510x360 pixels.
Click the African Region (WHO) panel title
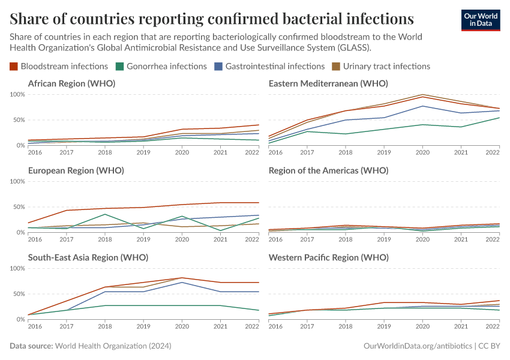coord(71,83)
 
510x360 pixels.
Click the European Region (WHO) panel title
coord(76,170)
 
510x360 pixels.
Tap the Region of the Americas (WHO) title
coord(328,170)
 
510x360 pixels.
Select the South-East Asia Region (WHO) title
coord(88,257)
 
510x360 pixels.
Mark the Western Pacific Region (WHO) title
coord(328,257)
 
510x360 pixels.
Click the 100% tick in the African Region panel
coord(17,95)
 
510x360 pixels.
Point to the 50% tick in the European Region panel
coord(19,207)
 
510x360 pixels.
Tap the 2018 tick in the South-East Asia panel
coord(105,327)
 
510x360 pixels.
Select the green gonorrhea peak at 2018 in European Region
coord(105,214)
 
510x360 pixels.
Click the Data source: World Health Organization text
coord(91,346)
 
